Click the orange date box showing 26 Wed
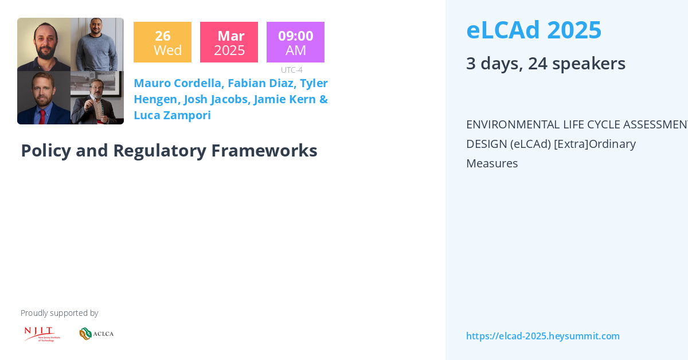click(x=162, y=42)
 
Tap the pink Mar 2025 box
click(x=229, y=42)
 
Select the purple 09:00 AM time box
click(x=295, y=42)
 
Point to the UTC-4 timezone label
click(x=291, y=70)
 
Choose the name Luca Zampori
click(x=172, y=115)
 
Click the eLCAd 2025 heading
click(x=534, y=30)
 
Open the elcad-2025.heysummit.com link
click(x=542, y=336)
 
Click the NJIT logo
click(x=42, y=334)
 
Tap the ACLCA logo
click(x=96, y=334)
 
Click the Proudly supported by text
click(x=59, y=313)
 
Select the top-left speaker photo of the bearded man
click(x=44, y=44)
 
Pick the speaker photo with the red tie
click(x=44, y=98)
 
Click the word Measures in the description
click(x=491, y=163)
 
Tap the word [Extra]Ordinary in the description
click(x=595, y=144)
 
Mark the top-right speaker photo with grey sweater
click(x=97, y=44)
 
